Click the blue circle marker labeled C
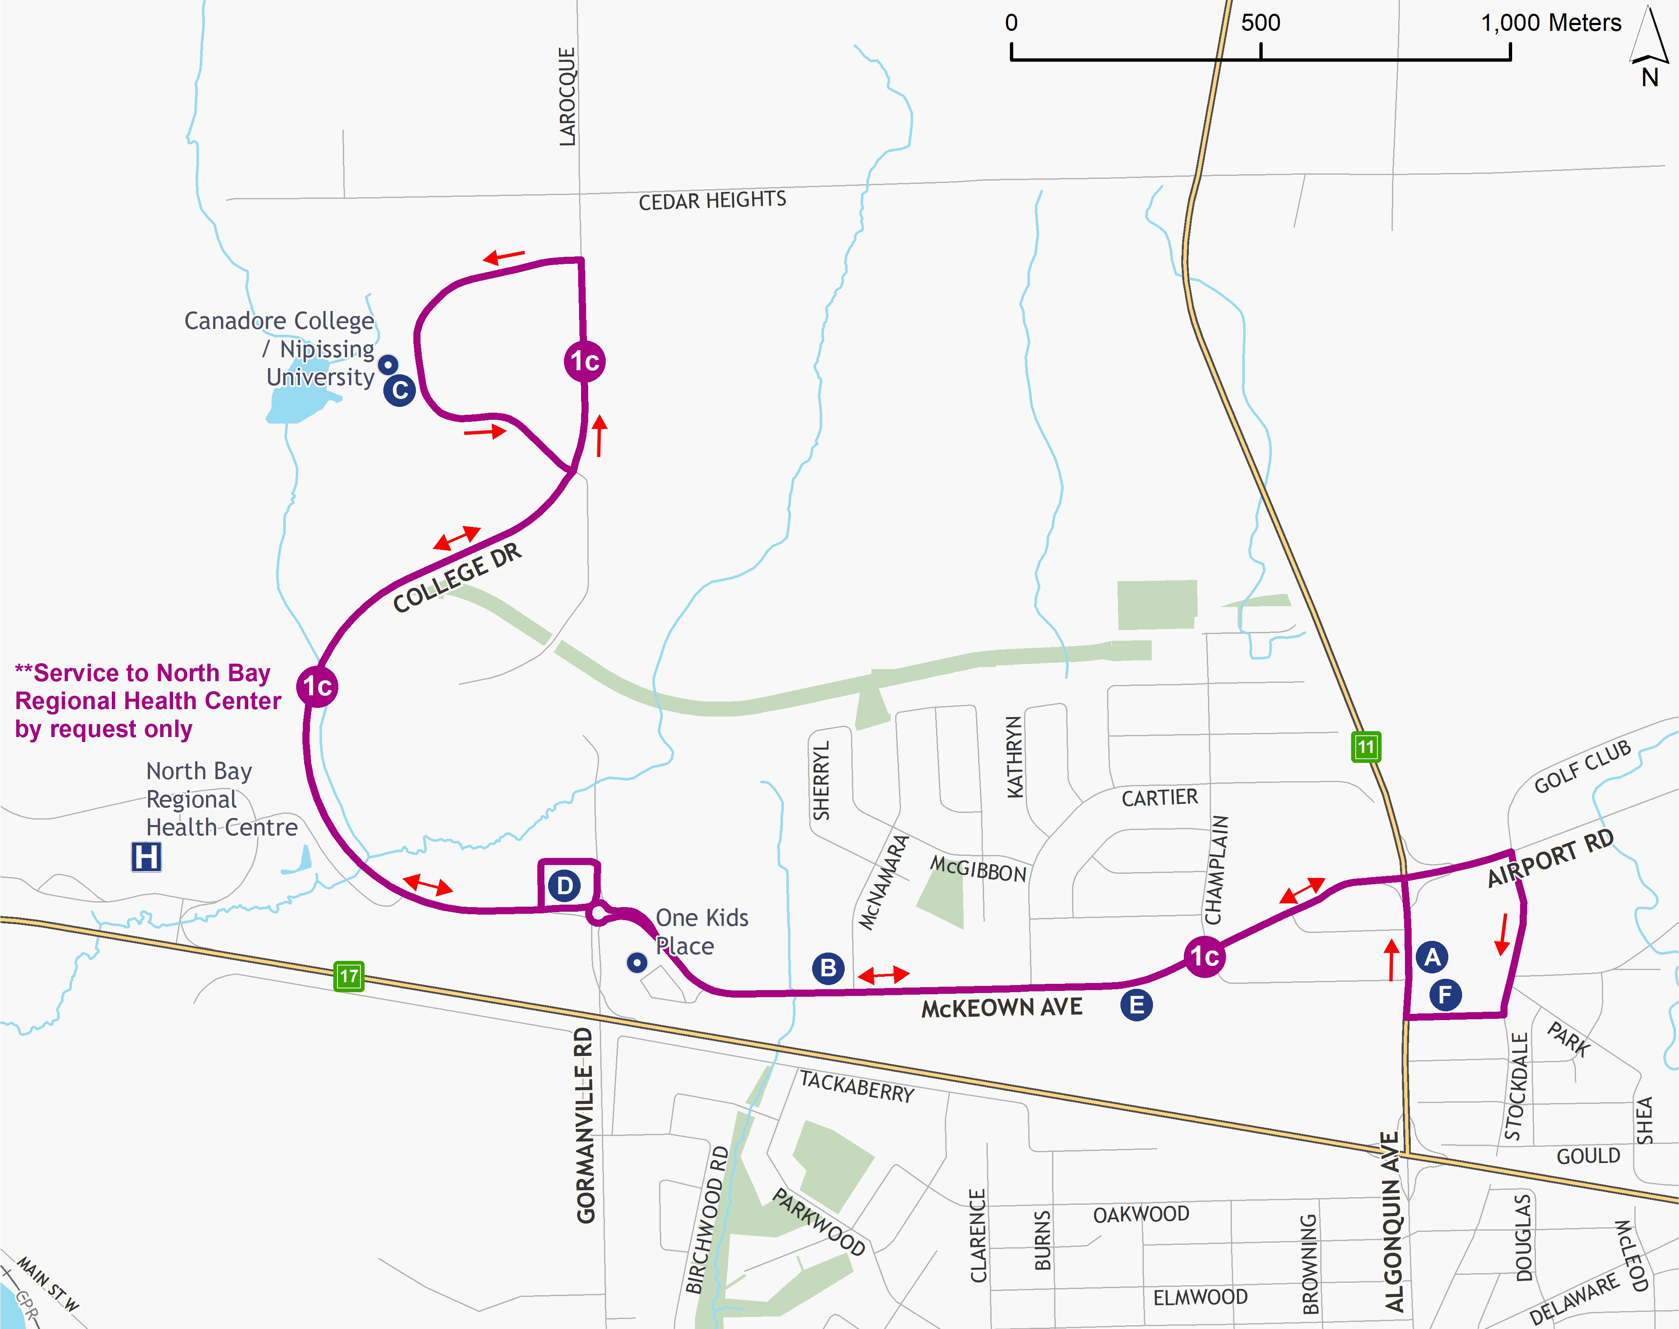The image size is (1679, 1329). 399,390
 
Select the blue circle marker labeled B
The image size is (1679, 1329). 828,968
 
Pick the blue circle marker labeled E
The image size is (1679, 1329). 1136,1005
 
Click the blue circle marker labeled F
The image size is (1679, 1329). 1445,994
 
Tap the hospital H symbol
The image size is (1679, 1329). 146,857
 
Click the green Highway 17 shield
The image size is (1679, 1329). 349,976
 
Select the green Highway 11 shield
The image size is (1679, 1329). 1366,747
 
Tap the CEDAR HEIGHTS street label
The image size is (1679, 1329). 712,201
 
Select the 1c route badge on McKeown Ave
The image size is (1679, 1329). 1204,956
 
